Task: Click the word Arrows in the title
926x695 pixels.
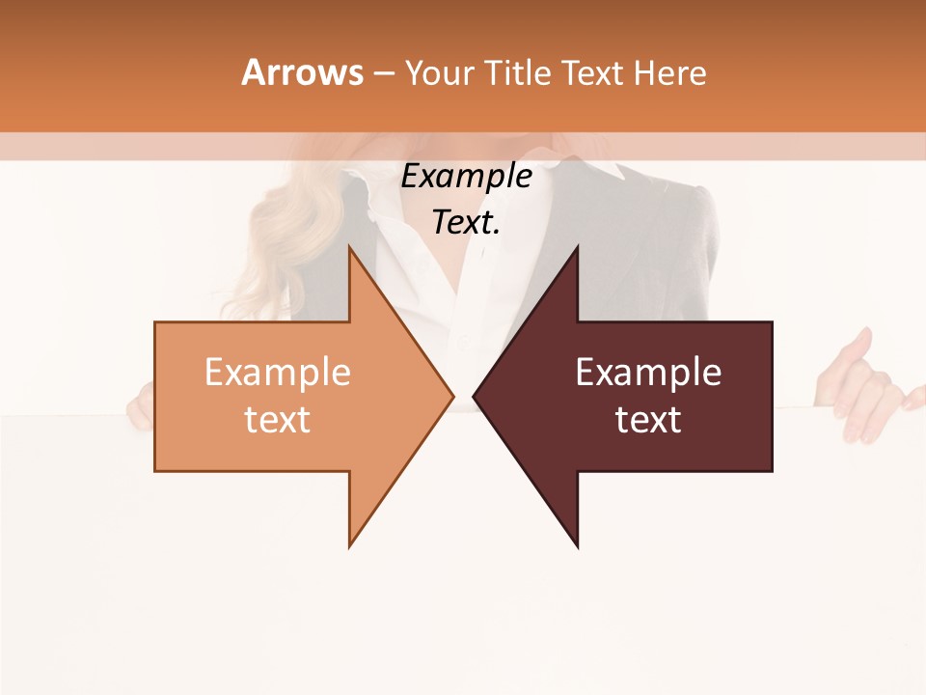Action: [301, 72]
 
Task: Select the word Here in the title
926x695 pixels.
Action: [670, 73]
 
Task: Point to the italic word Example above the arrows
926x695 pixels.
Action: [466, 177]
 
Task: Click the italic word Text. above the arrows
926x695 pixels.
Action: [466, 223]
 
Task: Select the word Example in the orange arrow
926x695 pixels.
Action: [278, 373]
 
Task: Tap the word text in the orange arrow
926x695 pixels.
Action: [278, 420]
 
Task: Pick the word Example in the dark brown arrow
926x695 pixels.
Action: [648, 373]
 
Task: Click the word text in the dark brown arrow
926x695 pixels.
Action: [648, 420]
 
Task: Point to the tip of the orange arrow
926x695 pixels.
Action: [452, 396]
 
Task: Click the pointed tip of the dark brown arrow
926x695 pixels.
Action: [474, 396]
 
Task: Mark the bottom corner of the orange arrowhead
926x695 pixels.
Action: [349, 546]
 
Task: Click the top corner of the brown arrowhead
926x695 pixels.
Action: [577, 246]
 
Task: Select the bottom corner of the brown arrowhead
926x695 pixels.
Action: [577, 546]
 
